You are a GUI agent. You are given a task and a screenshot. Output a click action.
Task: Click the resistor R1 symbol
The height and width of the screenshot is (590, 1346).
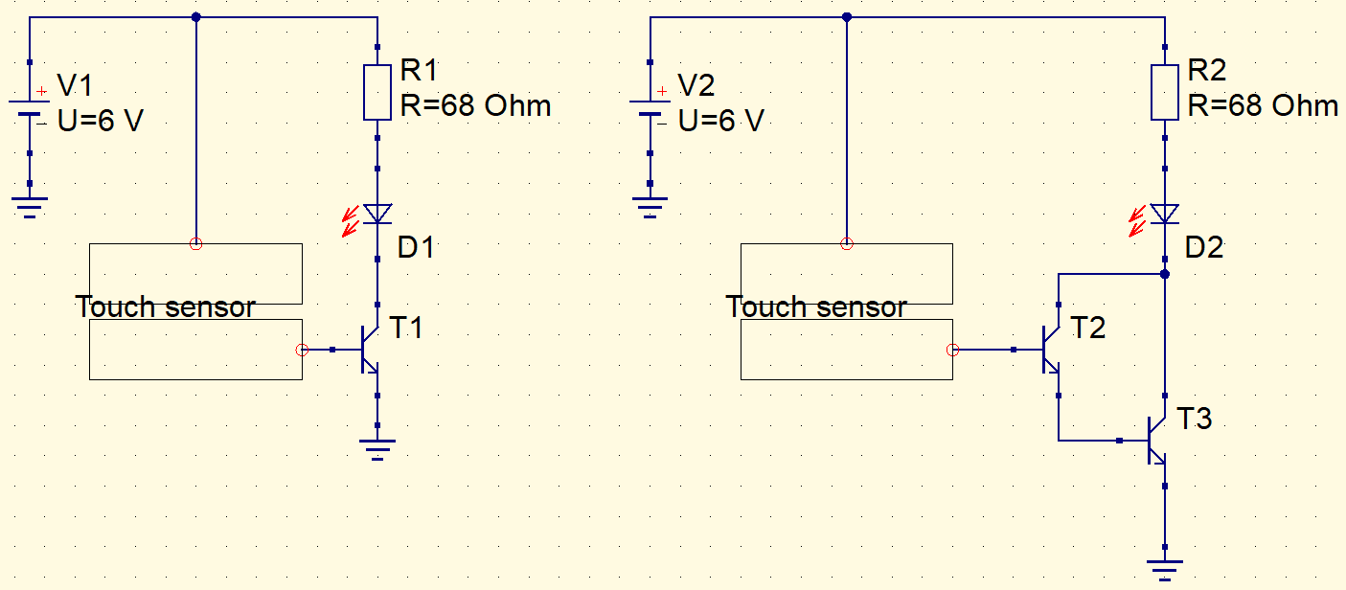pos(377,92)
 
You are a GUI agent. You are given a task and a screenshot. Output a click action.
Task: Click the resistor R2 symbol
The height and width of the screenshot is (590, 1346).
pos(1165,92)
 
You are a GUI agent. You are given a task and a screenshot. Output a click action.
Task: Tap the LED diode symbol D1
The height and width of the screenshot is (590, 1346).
pos(377,213)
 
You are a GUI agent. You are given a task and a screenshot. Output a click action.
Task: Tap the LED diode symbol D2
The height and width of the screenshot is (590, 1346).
pos(1165,213)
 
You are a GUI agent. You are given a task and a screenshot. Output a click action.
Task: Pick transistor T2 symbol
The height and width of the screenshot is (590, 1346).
pos(1051,351)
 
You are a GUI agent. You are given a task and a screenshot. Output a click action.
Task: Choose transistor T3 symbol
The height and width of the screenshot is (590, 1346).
pos(1157,441)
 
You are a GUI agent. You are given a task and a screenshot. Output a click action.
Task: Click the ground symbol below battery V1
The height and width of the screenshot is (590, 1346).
pos(30,205)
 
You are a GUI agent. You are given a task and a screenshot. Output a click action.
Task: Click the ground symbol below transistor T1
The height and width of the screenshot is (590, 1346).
pos(377,448)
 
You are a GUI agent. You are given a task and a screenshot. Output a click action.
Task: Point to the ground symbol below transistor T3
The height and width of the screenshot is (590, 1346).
pos(1165,568)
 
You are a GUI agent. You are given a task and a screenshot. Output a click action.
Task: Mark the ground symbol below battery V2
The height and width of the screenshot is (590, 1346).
pos(650,205)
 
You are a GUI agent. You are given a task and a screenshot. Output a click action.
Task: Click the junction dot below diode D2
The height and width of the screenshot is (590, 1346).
pos(1165,274)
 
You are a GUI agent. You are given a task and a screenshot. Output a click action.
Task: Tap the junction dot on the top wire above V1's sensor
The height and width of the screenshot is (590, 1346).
pos(196,17)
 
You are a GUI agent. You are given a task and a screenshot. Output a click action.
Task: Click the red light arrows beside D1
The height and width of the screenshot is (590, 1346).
pos(350,220)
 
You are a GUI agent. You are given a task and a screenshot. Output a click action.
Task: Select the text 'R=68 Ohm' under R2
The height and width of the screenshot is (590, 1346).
pos(1263,105)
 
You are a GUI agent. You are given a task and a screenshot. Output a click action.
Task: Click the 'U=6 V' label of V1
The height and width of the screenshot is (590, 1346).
pos(101,121)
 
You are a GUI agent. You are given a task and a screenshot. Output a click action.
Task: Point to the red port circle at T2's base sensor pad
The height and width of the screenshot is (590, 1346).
pos(952,351)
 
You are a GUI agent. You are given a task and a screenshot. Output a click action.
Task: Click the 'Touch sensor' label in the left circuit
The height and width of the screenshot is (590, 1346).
pos(165,307)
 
